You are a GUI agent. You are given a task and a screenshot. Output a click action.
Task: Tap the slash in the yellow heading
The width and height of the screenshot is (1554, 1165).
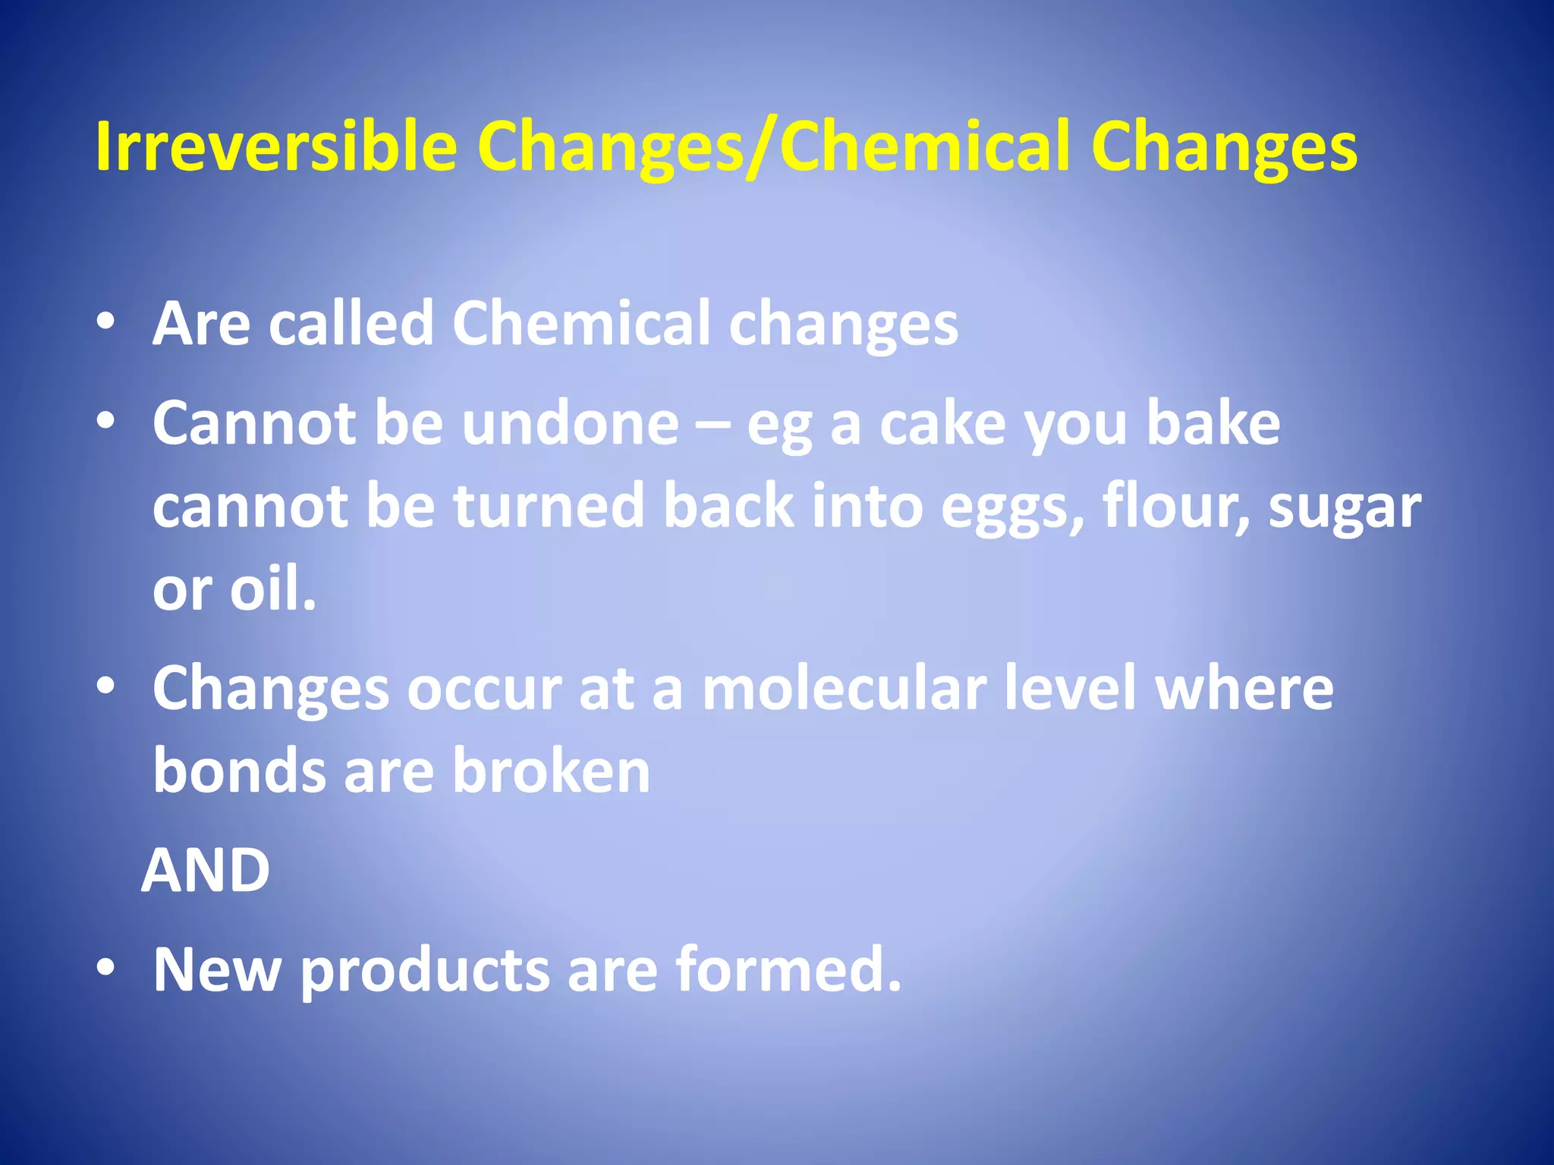(761, 148)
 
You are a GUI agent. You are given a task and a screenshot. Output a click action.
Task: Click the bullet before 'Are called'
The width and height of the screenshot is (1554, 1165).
(106, 322)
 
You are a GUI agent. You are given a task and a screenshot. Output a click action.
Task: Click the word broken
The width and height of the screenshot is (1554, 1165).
(552, 771)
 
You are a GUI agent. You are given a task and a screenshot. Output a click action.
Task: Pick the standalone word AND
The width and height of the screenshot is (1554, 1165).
(206, 870)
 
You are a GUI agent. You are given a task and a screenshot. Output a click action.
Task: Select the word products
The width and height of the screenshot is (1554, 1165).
(425, 971)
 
